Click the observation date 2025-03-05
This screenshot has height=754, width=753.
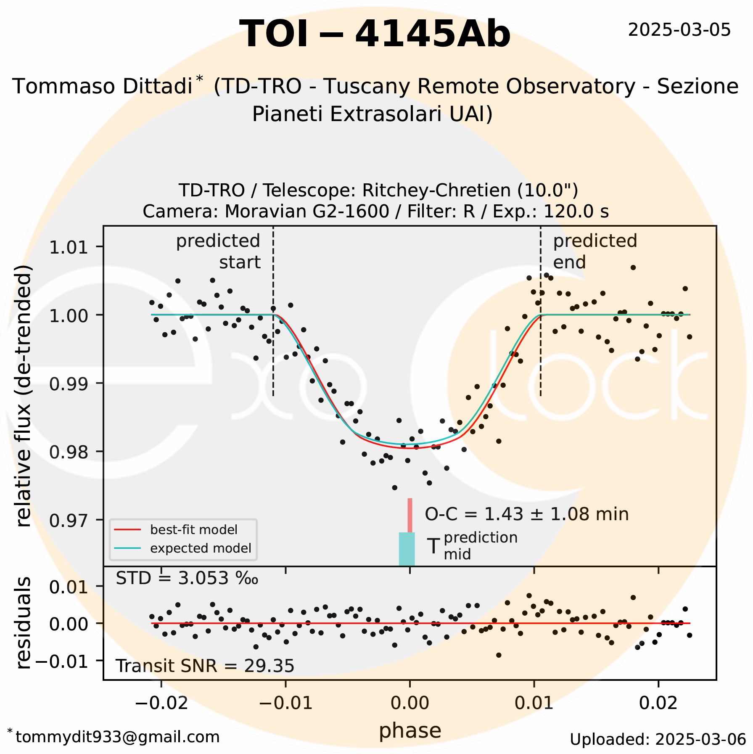pyautogui.click(x=679, y=30)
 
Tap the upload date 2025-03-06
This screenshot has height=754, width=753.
pyautogui.click(x=658, y=739)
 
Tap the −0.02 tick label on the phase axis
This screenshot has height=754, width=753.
pyautogui.click(x=161, y=703)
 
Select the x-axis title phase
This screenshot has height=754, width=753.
pyautogui.click(x=410, y=730)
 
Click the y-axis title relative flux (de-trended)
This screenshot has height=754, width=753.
pyautogui.click(x=24, y=396)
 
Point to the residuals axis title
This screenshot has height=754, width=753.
pyautogui.click(x=24, y=623)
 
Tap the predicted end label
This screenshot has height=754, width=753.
pyautogui.click(x=594, y=251)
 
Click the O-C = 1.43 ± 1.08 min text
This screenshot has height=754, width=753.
pyautogui.click(x=526, y=514)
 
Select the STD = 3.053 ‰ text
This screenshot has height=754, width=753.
pyautogui.click(x=187, y=578)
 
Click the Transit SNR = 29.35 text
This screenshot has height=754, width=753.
pyautogui.click(x=205, y=666)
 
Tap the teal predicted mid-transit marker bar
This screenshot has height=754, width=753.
pyautogui.click(x=407, y=549)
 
